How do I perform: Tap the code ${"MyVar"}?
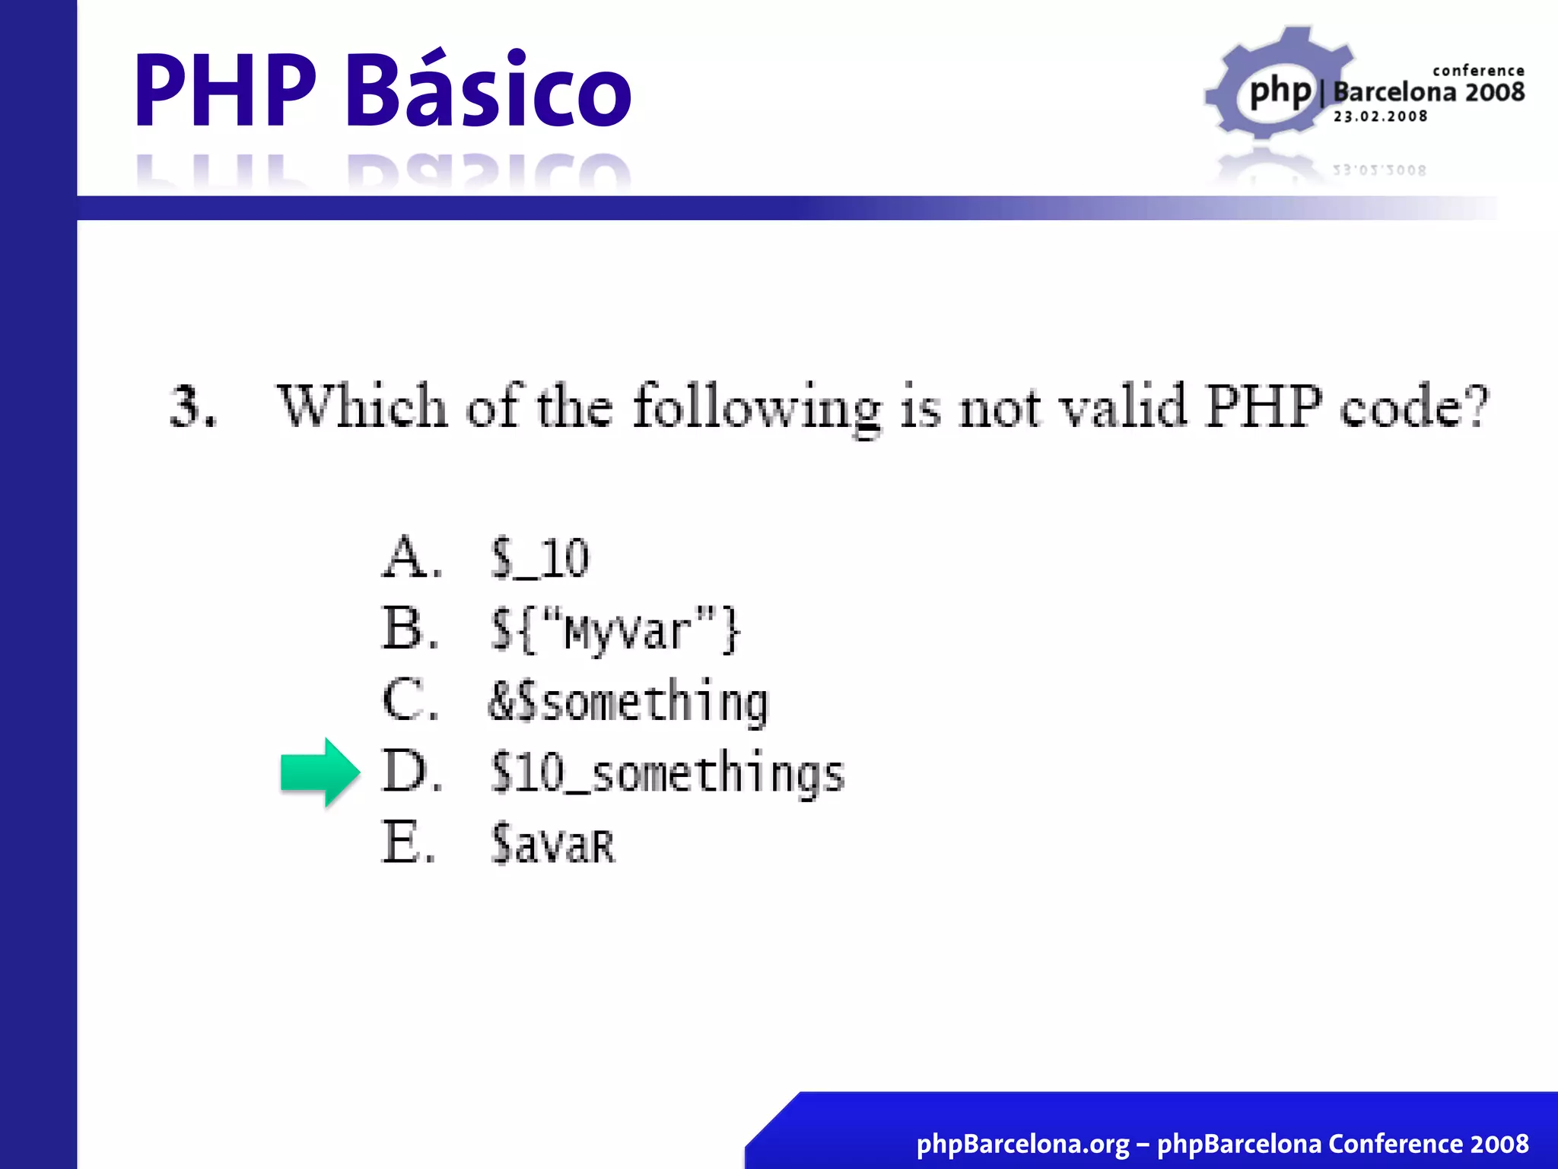coord(615,629)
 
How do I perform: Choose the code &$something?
coord(628,702)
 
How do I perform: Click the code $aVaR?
coord(553,844)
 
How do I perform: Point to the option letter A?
coord(411,557)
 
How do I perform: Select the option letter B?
coord(410,629)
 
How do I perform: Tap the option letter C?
coord(410,700)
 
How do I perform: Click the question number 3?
coord(192,406)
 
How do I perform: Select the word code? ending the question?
coord(1413,406)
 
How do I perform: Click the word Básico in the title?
coord(488,90)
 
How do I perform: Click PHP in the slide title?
coord(225,90)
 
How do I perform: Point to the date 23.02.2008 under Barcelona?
coord(1380,116)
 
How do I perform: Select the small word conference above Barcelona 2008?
coord(1478,71)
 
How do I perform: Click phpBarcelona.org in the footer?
coord(1022,1143)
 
